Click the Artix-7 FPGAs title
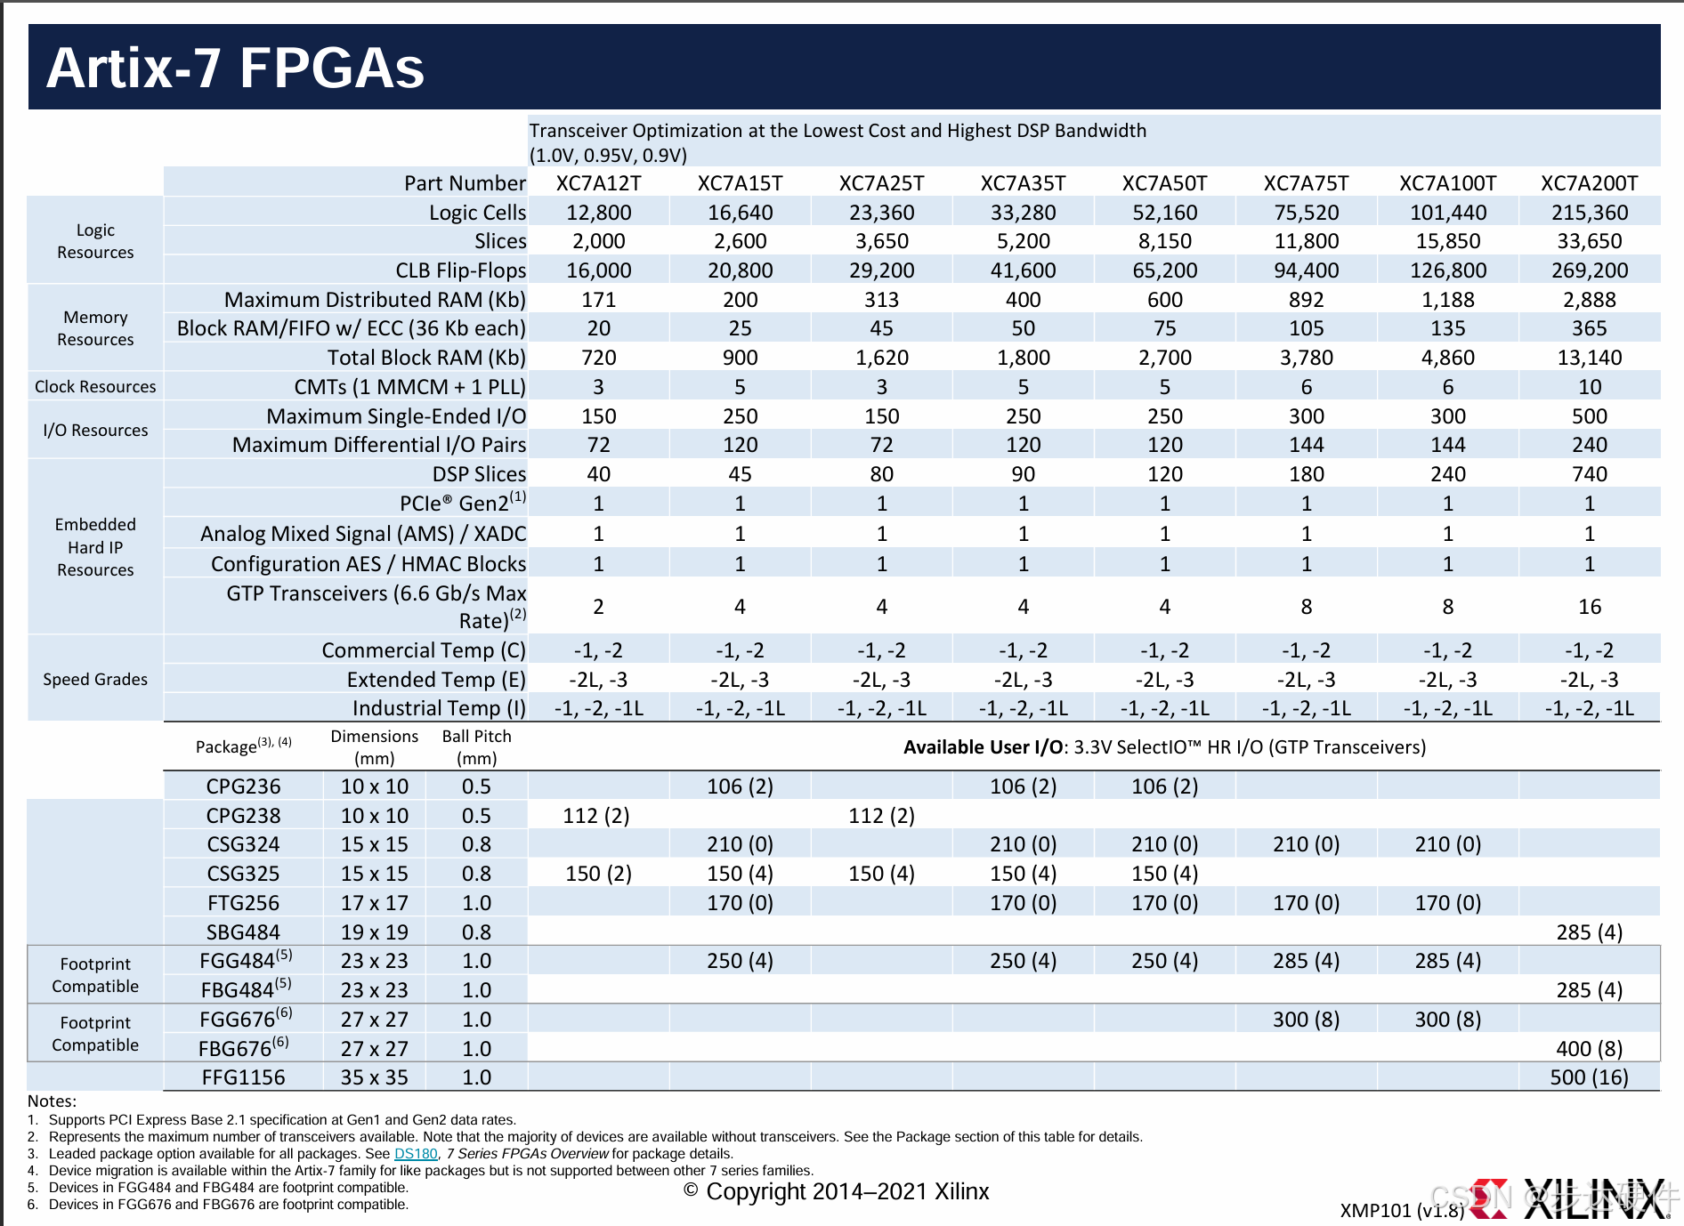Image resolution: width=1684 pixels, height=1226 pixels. pos(235,68)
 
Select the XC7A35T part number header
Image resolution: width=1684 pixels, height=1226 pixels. pos(1023,183)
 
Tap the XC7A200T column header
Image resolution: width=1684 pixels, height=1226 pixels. pos(1589,183)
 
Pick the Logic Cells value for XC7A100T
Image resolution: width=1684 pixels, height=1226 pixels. pos(1447,213)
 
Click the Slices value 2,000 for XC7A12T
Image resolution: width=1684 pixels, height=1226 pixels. pos(598,241)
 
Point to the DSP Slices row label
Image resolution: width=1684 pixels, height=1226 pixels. pos(479,474)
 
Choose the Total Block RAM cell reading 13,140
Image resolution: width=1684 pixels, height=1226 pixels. pos(1589,358)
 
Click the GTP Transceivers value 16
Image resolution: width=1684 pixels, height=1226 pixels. pos(1589,607)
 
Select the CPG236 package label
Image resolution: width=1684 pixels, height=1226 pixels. pos(243,786)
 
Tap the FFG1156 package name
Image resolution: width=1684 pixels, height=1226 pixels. pos(243,1077)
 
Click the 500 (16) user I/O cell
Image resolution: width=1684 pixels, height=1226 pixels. pos(1589,1077)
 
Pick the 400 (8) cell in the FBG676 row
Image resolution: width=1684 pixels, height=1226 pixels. pos(1589,1049)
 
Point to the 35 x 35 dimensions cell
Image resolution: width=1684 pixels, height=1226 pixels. pos(374,1077)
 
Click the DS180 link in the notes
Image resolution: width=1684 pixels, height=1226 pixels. pos(416,1154)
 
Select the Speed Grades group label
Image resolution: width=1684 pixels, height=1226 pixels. pos(95,680)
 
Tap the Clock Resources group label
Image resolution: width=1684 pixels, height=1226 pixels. pos(95,387)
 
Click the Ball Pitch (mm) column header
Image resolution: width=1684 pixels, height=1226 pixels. pos(476,747)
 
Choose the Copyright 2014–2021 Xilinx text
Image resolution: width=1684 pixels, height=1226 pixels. pos(837,1192)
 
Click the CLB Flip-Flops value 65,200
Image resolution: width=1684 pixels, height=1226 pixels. pos(1164,270)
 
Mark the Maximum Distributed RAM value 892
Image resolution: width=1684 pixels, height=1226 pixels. pos(1306,300)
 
